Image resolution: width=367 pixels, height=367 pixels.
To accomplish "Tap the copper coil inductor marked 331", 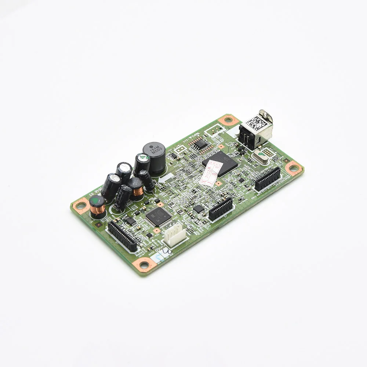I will [x=136, y=188].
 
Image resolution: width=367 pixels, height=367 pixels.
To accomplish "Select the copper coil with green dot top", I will [x=97, y=206].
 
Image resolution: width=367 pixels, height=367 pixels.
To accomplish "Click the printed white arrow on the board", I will [x=166, y=178].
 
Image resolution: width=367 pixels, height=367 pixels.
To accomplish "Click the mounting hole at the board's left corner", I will [x=80, y=204].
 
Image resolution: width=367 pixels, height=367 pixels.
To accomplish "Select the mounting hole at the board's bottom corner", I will [x=144, y=264].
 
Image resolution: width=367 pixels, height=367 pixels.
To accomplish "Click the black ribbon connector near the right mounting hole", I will [x=268, y=179].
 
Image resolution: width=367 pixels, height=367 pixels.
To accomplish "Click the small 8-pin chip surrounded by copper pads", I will [x=200, y=144].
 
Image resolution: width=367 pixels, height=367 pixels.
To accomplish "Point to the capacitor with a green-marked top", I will [x=142, y=161].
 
